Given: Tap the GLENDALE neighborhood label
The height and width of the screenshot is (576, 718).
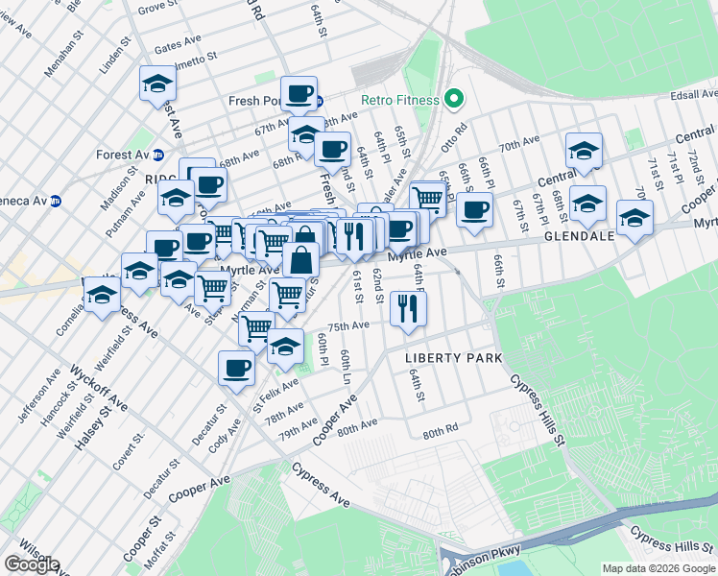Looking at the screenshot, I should coord(580,236).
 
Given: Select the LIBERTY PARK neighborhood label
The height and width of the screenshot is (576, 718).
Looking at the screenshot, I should coord(454,358).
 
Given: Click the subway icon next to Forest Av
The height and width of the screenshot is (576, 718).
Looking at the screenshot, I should coord(158,155).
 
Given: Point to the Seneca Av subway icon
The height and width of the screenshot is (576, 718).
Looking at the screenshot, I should coord(56,201).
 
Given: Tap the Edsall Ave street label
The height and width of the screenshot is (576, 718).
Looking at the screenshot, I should coord(693,94).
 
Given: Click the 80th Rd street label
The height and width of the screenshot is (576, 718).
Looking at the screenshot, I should coord(441,433).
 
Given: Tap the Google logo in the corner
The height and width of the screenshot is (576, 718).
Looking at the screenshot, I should coord(32,564).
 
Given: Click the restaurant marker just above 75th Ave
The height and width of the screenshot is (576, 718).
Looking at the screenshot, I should coord(409,309).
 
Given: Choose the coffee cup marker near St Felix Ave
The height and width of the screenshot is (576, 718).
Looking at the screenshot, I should coord(236,368).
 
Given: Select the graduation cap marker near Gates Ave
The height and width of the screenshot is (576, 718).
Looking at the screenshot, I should coord(157,83).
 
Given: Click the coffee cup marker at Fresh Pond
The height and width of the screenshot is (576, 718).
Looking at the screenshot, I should coord(299,93).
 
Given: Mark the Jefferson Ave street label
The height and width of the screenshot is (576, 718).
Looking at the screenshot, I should coord(31,400).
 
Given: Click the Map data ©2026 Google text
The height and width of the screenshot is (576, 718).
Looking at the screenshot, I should coord(658,568).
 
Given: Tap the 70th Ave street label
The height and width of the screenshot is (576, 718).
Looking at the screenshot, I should coord(519,143).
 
